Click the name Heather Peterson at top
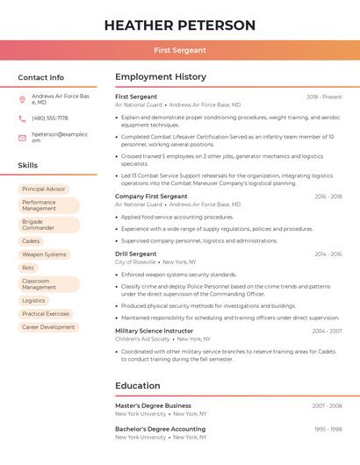coord(180,25)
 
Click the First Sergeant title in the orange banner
coord(180,50)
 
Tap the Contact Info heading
coord(40,77)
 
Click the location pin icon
coord(22,99)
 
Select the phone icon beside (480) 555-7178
coord(22,118)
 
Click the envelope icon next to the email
coord(22,137)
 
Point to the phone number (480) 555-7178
coord(50,118)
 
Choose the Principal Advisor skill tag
coord(44,189)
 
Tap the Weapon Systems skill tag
coord(44,254)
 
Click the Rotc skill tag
coord(29,268)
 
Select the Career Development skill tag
coord(48,326)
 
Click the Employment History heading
coord(161,77)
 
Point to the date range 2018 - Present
coord(324,97)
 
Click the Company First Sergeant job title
coord(151,197)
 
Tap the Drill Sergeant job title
coord(136,254)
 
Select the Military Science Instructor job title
coord(155,331)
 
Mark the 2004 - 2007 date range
coord(327,331)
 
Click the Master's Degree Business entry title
coord(153,405)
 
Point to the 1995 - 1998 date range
coord(327,429)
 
